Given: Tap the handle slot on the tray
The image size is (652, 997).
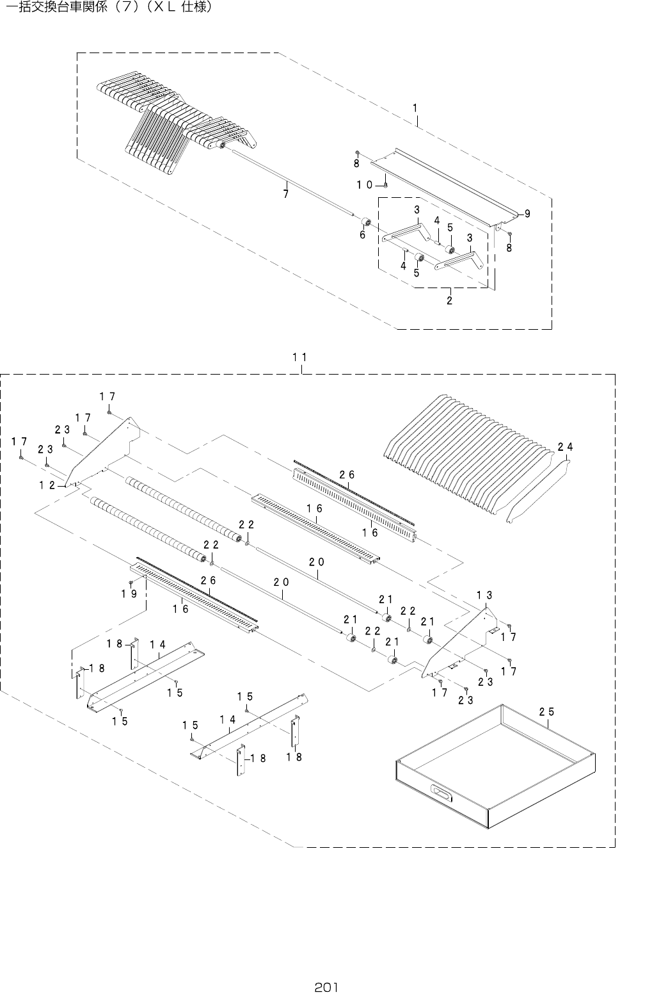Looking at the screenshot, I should (442, 793).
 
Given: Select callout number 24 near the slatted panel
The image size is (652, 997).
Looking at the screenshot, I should (564, 447).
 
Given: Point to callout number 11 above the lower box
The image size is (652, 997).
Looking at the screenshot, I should (299, 358).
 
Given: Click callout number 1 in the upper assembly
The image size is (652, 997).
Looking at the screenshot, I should (415, 108).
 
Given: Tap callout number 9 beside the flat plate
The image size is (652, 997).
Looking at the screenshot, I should (527, 214).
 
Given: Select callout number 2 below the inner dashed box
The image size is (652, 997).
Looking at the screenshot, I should (449, 300).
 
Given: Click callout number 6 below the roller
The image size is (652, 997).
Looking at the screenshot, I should (362, 234).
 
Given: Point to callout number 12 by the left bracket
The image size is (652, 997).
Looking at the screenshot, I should (47, 485).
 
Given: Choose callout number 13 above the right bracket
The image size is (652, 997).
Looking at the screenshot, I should (484, 595).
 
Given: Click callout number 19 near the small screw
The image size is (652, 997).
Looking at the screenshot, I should (129, 594).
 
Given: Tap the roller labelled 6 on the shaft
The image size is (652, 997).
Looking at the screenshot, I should (367, 222).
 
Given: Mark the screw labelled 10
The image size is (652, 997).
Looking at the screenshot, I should (387, 185).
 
